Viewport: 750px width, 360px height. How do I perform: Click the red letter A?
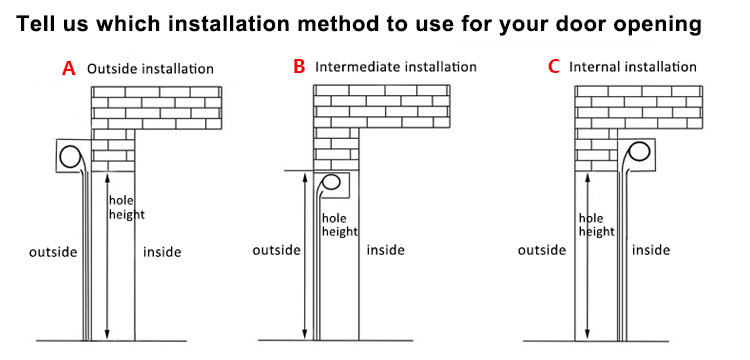pos(69,68)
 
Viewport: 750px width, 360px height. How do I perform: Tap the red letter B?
pos(299,67)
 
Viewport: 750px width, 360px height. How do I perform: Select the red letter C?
pos(554,67)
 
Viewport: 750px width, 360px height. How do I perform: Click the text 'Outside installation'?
pos(150,69)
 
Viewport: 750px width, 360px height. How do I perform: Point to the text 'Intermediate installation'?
pos(396,67)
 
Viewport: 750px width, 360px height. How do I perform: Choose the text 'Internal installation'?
pos(632,67)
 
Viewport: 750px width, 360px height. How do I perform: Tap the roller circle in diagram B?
pos(331,182)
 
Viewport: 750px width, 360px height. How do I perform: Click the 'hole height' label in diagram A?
pos(127,207)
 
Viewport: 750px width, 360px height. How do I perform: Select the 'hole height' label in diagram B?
pos(340,225)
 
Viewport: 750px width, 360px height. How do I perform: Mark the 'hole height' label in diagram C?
pos(596,225)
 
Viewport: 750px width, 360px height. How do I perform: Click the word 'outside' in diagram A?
pos(53,252)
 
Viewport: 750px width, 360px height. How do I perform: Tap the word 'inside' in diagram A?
pos(162,252)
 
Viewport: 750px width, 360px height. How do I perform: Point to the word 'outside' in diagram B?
pos(276,250)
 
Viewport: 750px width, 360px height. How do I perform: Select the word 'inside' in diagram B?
pos(386,250)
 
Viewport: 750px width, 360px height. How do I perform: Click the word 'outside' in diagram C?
pos(542,250)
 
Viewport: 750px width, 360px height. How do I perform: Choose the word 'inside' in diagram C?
pos(651,250)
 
